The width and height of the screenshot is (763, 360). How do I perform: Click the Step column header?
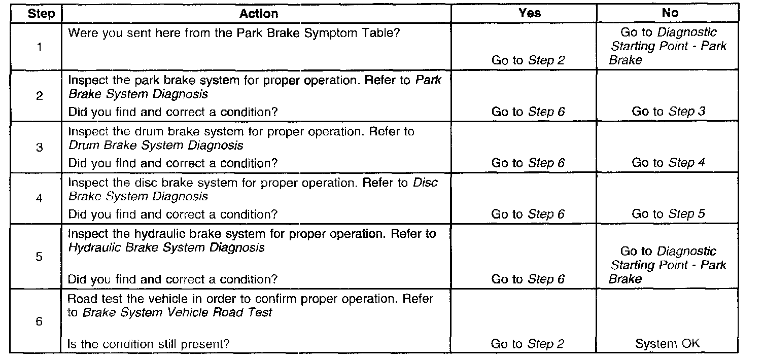pos(42,14)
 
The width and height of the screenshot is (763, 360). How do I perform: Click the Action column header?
pos(258,14)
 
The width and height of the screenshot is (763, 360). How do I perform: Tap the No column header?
pos(670,13)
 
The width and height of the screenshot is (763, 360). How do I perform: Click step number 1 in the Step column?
pos(40,47)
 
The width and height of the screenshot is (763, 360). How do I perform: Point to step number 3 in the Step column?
pos(40,148)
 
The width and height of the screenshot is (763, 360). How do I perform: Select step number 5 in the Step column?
pos(40,257)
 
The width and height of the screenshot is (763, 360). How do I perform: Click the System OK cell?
pos(667,344)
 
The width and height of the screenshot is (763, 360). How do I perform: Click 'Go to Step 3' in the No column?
pos(668,112)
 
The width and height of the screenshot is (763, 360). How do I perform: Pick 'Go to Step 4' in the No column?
pos(668,163)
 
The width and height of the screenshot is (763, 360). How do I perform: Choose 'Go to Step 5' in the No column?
pos(668,214)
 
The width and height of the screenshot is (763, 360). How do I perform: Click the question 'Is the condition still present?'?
pos(149,344)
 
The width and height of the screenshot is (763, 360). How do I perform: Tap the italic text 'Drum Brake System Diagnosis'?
pos(156,146)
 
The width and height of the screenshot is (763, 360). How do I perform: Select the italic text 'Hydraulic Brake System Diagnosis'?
pos(166,247)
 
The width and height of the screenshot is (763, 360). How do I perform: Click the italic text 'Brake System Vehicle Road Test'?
pos(178,312)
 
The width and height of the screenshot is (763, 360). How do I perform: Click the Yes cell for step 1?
pos(528,60)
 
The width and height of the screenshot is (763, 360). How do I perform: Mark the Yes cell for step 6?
pos(527,344)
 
